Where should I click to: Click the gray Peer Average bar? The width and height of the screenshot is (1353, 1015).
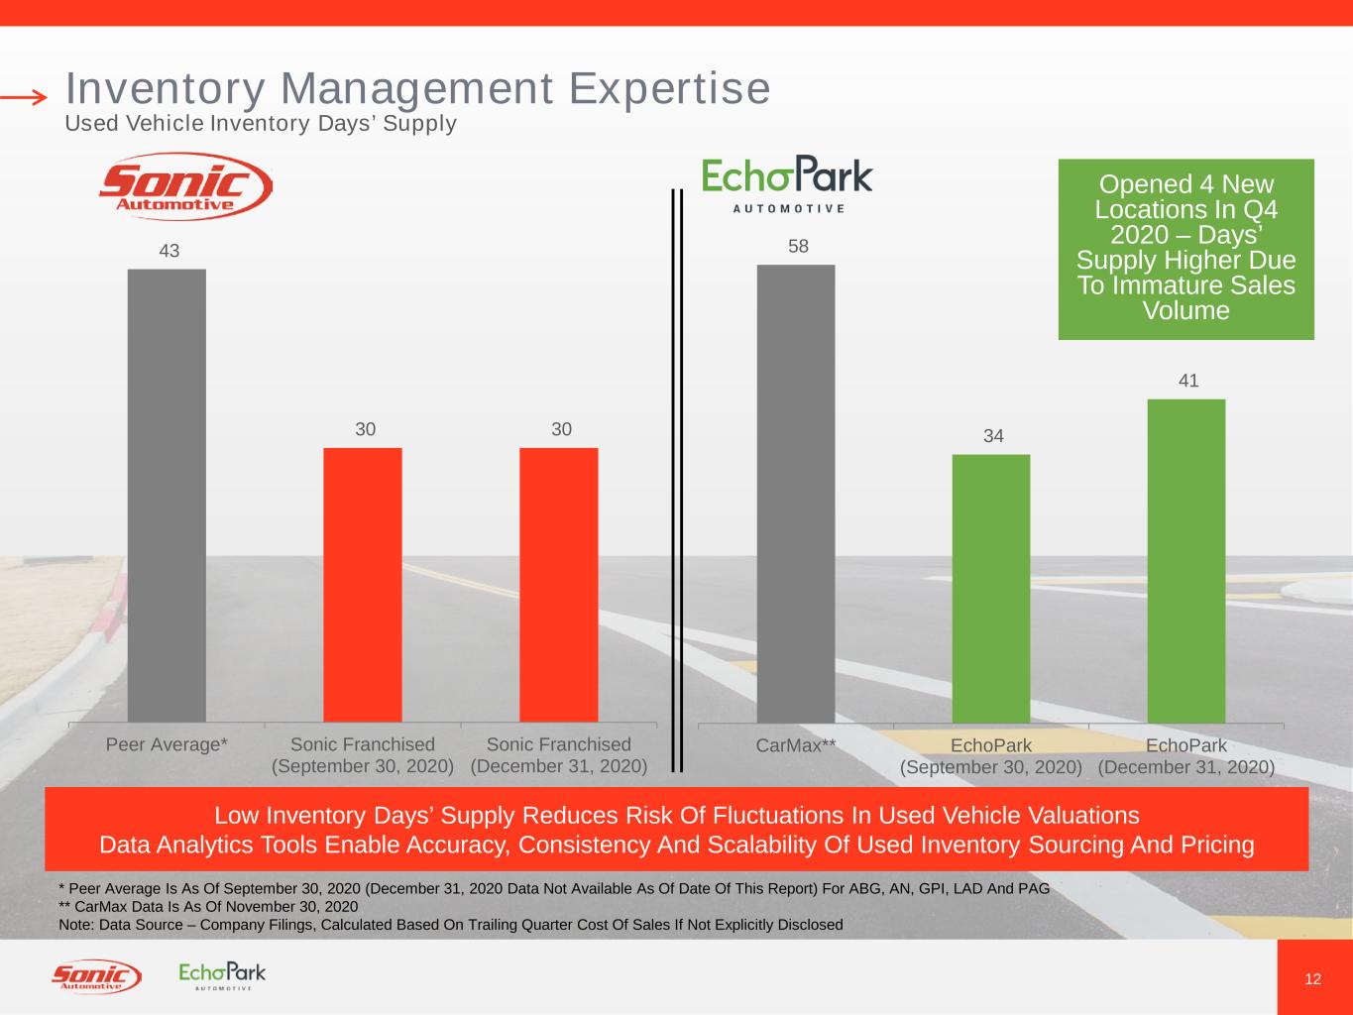coord(167,496)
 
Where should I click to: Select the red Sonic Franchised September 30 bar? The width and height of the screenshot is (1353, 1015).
coord(363,585)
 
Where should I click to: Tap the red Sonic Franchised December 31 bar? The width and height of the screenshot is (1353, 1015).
coord(559,585)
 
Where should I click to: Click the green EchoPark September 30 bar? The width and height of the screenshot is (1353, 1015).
coord(991,589)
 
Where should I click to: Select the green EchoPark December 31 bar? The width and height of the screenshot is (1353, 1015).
coord(1186,561)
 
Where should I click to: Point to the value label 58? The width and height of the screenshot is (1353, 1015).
coord(799,246)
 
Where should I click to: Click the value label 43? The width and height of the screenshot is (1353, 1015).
coord(169,251)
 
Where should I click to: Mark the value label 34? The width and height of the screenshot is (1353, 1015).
coord(993,436)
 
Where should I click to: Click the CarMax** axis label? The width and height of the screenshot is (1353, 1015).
coord(796,746)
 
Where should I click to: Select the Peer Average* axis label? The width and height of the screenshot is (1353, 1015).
coord(167,744)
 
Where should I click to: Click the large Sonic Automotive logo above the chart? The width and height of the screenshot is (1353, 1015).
coord(186,186)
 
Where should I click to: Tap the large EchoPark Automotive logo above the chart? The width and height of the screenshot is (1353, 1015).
coord(787,183)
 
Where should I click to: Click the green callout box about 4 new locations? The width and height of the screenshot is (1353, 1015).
coord(1186,249)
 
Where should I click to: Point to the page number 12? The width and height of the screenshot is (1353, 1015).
coord(1313,979)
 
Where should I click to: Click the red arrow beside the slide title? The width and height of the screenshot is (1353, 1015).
coord(24,96)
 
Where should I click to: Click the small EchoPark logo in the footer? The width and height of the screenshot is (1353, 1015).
coord(222,975)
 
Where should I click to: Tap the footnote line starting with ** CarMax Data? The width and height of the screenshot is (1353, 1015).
coord(208,906)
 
